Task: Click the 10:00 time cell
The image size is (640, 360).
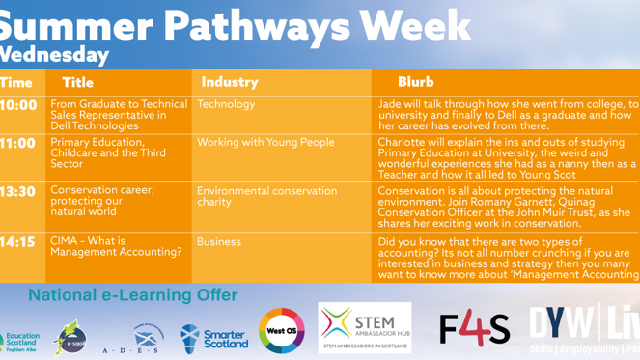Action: (19, 105)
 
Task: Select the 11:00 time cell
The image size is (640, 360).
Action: (19, 143)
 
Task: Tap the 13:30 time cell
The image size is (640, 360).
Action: (19, 191)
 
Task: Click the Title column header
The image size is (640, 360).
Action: (77, 82)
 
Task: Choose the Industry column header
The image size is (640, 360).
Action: (230, 82)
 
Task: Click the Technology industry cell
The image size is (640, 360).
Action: (226, 104)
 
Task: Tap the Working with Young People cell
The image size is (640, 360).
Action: (265, 143)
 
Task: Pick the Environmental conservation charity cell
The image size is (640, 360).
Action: (266, 196)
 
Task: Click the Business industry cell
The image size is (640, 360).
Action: (219, 242)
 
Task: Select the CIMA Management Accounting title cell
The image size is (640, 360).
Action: (116, 246)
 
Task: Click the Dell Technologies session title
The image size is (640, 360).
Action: (119, 115)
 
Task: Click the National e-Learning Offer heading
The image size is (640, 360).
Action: (132, 294)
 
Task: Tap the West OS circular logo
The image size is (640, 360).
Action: (282, 331)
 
